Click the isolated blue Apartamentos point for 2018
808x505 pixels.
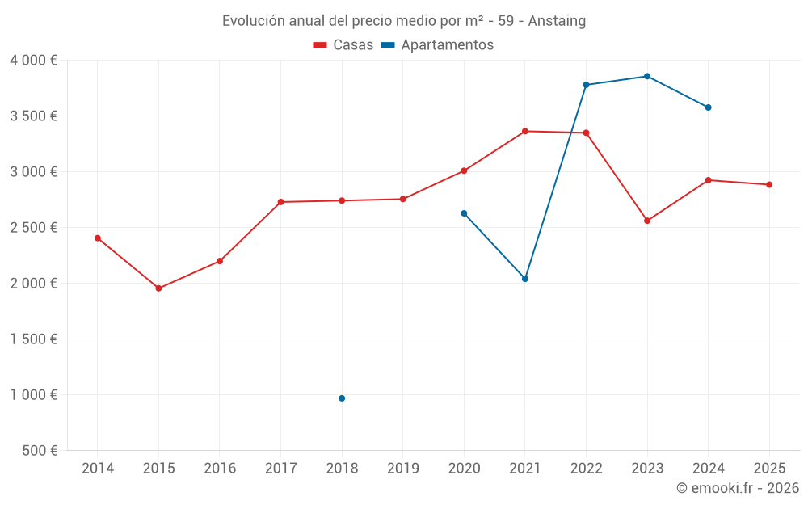tap(342, 398)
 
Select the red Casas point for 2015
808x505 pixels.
tap(158, 288)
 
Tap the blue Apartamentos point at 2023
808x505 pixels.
tap(647, 76)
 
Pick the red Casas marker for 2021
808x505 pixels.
tap(525, 131)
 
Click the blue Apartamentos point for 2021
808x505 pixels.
tap(525, 279)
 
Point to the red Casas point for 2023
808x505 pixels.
tap(647, 221)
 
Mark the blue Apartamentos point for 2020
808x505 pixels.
tap(464, 213)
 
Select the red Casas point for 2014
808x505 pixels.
tap(98, 238)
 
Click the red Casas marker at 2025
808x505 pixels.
tap(769, 184)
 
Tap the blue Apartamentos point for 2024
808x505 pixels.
tap(709, 107)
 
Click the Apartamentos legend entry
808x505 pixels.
tap(446, 45)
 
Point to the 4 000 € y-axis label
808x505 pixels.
tap(33, 61)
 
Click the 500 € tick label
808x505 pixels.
tap(41, 451)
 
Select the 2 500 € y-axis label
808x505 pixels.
tap(33, 228)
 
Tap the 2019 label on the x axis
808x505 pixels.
tap(403, 468)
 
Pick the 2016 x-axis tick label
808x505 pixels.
tap(220, 468)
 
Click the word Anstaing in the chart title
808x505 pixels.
tap(557, 21)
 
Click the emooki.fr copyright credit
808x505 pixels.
tap(737, 488)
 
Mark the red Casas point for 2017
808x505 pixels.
tap(280, 202)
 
